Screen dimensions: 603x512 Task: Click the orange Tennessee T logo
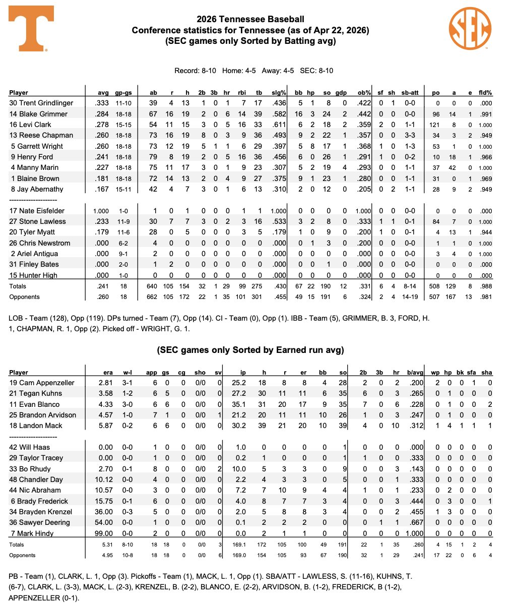tap(31, 29)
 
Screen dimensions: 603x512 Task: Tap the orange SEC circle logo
tap(470, 28)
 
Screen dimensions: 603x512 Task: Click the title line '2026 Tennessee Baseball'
tap(250, 20)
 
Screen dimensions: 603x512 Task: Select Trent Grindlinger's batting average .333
tap(102, 103)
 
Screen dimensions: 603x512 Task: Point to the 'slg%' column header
tap(279, 93)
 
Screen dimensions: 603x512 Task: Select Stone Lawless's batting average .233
tap(102, 221)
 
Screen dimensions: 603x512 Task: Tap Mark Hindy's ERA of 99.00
tap(106, 533)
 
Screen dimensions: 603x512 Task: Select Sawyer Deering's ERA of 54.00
tap(106, 522)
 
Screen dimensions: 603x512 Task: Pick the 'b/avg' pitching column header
tap(415, 373)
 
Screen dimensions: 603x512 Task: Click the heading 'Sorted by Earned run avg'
tap(250, 350)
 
